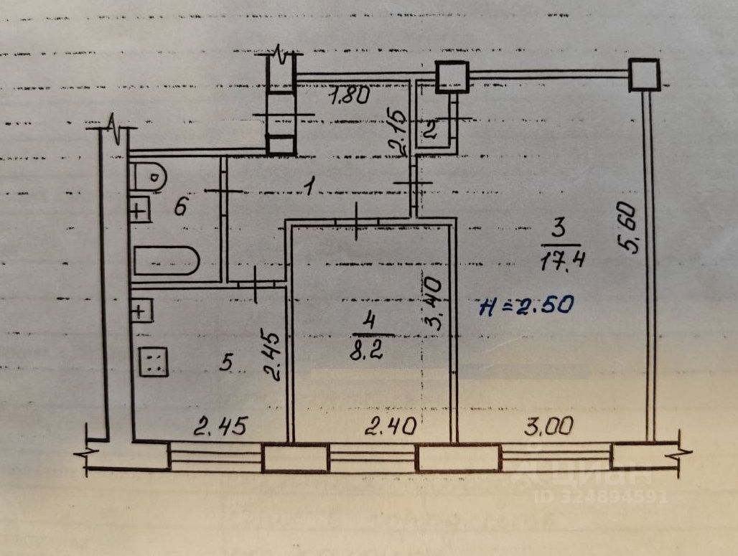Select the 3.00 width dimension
pyautogui.click(x=549, y=427)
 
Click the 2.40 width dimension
pyautogui.click(x=390, y=428)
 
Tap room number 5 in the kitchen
pyautogui.click(x=226, y=363)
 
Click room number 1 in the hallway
pyautogui.click(x=308, y=188)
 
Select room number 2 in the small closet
pyautogui.click(x=430, y=130)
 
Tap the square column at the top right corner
pyautogui.click(x=643, y=75)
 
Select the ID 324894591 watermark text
pyautogui.click(x=602, y=496)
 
